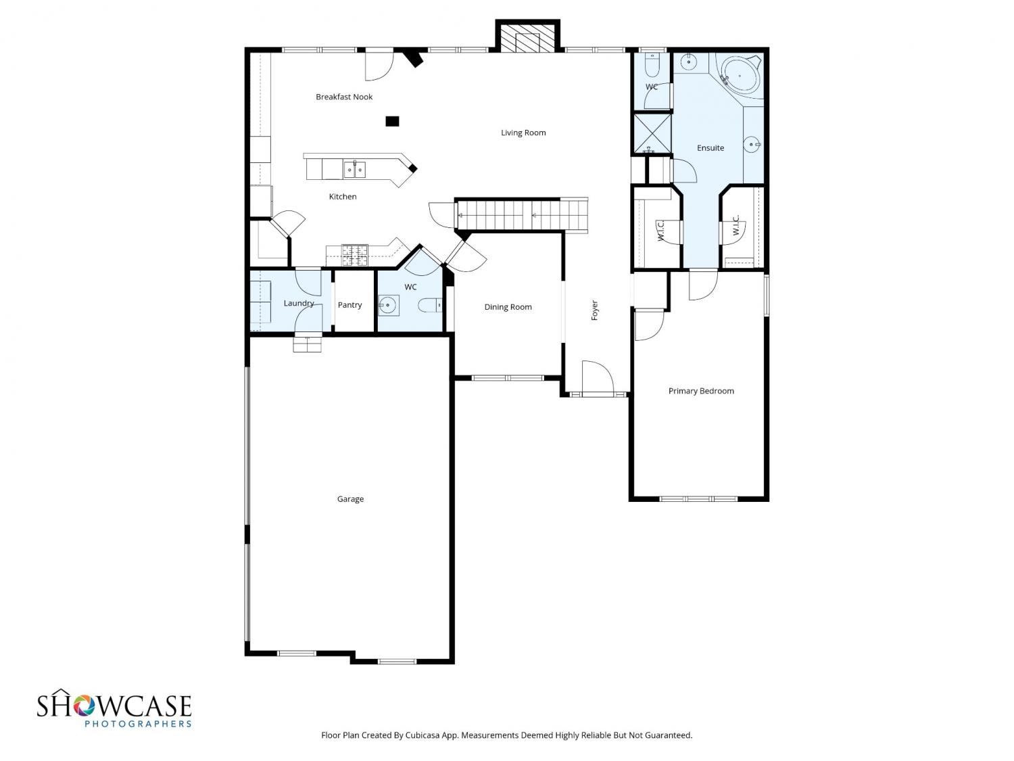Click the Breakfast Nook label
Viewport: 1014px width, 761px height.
point(343,97)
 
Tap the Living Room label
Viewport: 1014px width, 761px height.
point(523,133)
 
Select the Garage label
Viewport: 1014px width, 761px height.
point(350,499)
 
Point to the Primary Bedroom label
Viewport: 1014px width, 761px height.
point(701,391)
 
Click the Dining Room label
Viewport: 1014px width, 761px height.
point(508,307)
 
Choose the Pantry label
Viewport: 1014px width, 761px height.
point(349,305)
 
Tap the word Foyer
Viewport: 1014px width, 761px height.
point(594,310)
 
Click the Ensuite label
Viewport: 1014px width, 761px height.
point(710,148)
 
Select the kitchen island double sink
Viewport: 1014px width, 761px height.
point(354,170)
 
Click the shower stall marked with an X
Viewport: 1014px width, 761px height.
point(652,133)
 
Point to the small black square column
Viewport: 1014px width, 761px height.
point(392,121)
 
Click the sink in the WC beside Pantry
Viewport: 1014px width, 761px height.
point(388,306)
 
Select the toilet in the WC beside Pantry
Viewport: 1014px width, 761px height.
point(431,306)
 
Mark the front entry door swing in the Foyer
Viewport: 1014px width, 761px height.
point(598,377)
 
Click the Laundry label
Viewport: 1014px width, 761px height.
point(298,303)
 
